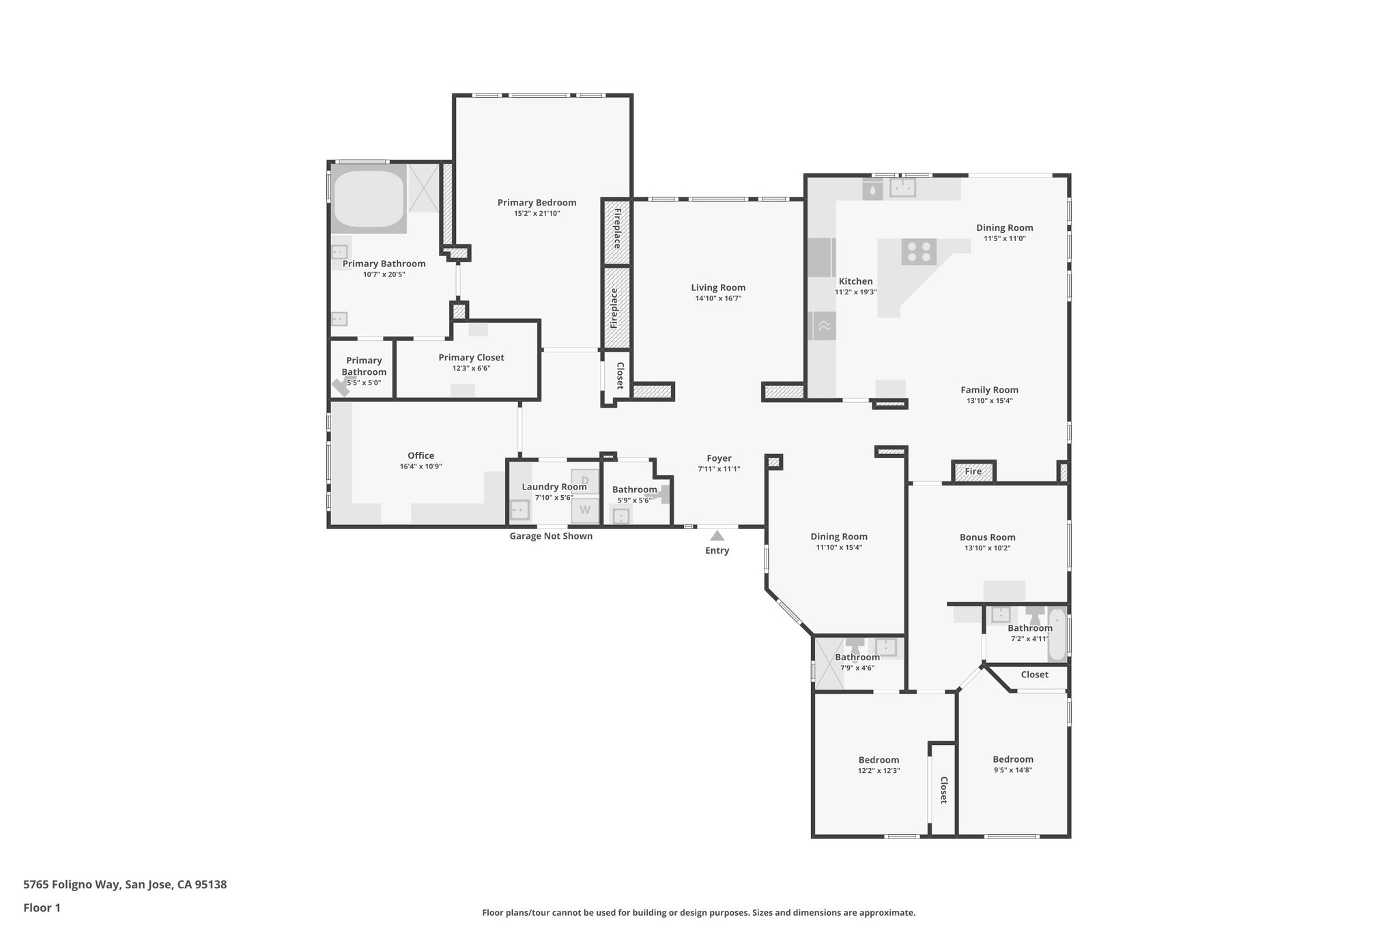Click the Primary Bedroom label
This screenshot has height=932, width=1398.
[537, 203]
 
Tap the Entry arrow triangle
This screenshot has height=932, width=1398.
[717, 536]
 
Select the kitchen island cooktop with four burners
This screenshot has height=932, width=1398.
[918, 251]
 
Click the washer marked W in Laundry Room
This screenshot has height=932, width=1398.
[585, 510]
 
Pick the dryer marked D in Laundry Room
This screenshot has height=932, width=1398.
[585, 481]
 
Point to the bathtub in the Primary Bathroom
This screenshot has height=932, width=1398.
[369, 198]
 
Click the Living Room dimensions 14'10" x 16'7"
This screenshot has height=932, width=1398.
[717, 298]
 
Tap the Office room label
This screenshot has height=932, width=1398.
[420, 455]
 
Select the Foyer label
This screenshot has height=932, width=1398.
[719, 458]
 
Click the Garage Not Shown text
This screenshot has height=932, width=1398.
[551, 536]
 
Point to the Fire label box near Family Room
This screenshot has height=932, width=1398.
[973, 471]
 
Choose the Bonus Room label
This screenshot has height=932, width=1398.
[987, 537]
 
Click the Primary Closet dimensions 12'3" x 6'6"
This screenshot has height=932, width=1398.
[471, 368]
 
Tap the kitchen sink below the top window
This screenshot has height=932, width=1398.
[902, 187]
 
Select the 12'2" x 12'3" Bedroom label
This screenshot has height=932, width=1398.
[879, 760]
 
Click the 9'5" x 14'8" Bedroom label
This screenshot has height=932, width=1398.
[1012, 759]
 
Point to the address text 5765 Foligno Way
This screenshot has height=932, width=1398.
[125, 885]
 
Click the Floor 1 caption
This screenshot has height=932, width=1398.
[42, 908]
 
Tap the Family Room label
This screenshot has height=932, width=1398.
[989, 390]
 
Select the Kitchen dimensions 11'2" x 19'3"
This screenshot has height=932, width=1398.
[855, 292]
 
